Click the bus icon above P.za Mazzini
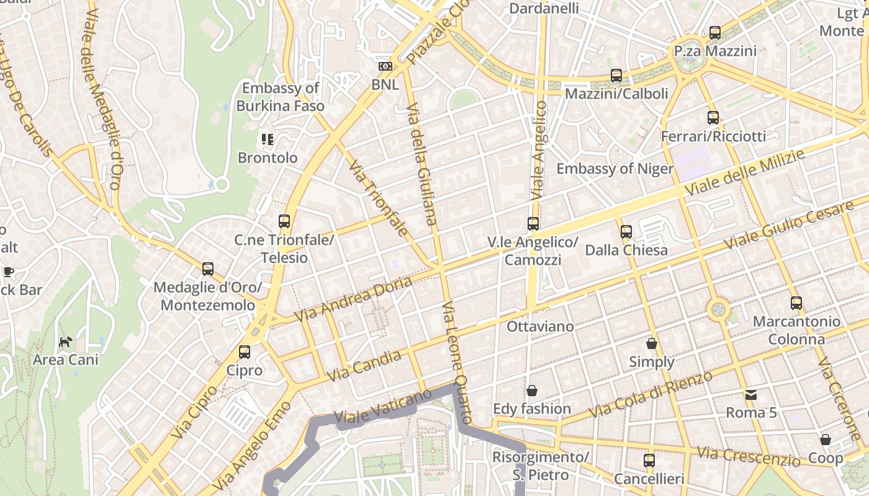coord(715,33)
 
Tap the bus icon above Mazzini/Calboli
coord(616,76)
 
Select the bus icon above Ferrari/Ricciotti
coord(713,118)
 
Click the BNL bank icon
coord(385,66)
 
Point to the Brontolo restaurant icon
coord(268,139)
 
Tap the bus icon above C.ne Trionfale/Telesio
coord(284,221)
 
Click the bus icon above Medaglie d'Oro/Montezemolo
coord(208,269)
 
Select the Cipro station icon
coord(245,352)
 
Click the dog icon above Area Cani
coord(66,342)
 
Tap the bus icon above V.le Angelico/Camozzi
coord(533,224)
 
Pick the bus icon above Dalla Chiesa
coord(626,232)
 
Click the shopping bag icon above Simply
coord(652,343)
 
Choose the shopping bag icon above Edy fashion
coord(532,391)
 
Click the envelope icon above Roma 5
coord(751,394)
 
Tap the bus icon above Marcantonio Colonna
coord(796,303)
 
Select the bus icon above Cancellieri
coord(649,461)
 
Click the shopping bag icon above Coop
coord(826,440)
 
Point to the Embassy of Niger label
coord(615,169)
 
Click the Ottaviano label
coord(541,325)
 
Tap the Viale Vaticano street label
coord(382,406)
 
